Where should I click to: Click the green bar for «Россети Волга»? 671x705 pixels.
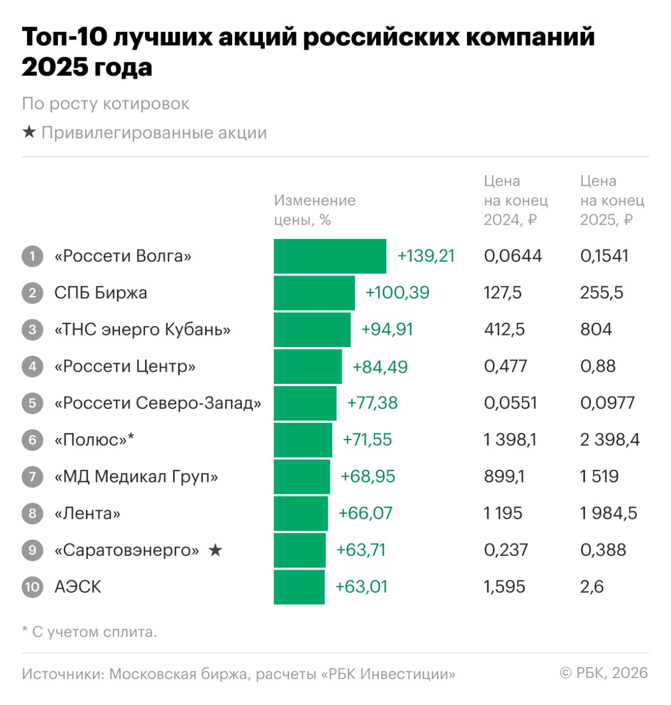(x=330, y=256)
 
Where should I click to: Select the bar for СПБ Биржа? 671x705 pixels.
(x=314, y=293)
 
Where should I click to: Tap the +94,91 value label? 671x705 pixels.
(x=387, y=329)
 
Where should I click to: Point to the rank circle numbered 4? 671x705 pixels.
(x=33, y=366)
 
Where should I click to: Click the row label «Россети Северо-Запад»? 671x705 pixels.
(x=158, y=403)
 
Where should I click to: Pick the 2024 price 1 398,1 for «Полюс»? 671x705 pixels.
(x=510, y=440)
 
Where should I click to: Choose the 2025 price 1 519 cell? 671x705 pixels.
(x=599, y=476)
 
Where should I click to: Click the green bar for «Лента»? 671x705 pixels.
(x=300, y=513)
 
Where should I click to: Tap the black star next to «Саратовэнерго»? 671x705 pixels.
(x=215, y=550)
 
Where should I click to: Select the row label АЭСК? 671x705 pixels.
(x=78, y=587)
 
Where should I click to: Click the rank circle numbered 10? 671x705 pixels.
(x=33, y=587)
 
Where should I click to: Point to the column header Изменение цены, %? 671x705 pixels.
(x=314, y=210)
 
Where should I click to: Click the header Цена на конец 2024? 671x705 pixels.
(x=516, y=200)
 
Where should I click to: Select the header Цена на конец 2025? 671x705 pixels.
(x=611, y=200)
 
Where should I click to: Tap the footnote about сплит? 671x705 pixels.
(x=89, y=632)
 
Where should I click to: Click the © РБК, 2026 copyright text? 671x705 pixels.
(x=604, y=673)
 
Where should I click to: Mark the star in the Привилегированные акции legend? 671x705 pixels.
(x=29, y=133)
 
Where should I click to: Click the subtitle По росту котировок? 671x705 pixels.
(x=105, y=104)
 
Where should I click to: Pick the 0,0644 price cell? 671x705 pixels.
(x=513, y=256)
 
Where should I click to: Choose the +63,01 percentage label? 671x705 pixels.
(x=362, y=587)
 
